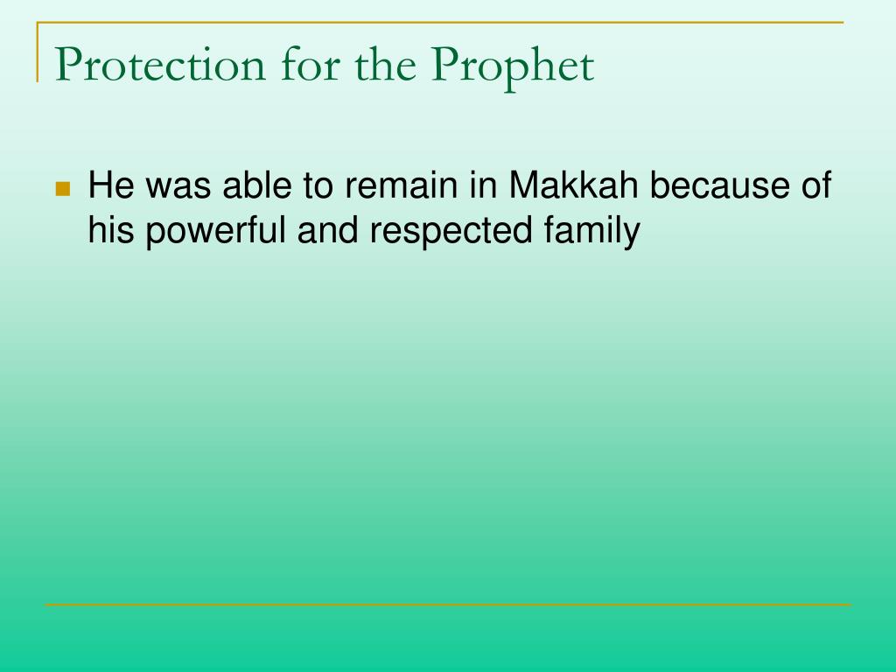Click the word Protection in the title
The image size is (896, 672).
pyautogui.click(x=161, y=65)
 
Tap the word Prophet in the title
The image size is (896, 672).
pyautogui.click(x=513, y=68)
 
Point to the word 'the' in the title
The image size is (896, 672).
pyautogui.click(x=385, y=65)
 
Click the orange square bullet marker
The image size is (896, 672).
pyautogui.click(x=63, y=189)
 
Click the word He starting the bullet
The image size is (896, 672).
pyautogui.click(x=111, y=185)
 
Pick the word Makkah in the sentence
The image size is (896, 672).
pyautogui.click(x=573, y=185)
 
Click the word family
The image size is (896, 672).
pyautogui.click(x=592, y=231)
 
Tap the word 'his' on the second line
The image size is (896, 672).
pyautogui.click(x=111, y=230)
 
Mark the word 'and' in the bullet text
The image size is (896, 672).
pyautogui.click(x=327, y=230)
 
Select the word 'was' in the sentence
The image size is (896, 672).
pyautogui.click(x=178, y=187)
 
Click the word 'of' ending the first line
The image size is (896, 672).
pyautogui.click(x=816, y=185)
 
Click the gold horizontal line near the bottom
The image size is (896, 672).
pyautogui.click(x=448, y=604)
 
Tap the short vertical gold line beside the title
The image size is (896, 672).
pyautogui.click(x=38, y=52)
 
